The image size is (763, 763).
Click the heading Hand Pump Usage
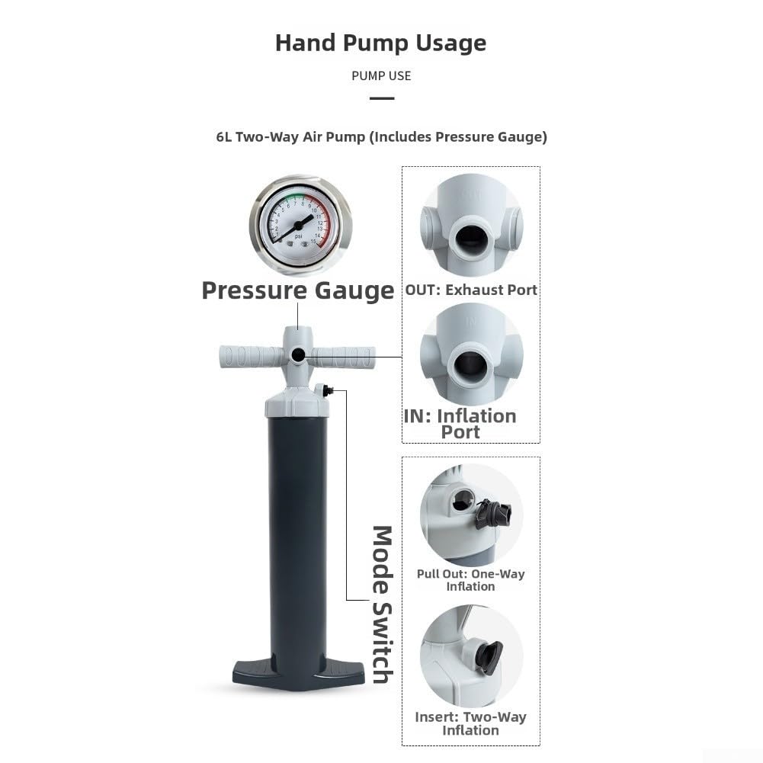click(381, 43)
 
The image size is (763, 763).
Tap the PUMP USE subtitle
click(381, 76)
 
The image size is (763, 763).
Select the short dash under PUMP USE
click(382, 98)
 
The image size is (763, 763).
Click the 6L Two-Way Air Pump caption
click(381, 136)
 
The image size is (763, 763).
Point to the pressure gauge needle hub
click(298, 226)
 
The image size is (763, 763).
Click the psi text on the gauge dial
click(298, 236)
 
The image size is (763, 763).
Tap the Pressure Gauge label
click(298, 290)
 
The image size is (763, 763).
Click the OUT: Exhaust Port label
click(471, 290)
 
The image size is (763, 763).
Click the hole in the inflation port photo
click(471, 365)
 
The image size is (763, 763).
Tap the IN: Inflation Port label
click(460, 424)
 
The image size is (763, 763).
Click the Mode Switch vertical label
click(383, 604)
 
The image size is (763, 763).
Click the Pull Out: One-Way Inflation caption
click(470, 580)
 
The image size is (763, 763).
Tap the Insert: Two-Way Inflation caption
click(470, 723)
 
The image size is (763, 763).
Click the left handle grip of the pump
click(251, 356)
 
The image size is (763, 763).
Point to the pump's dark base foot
click(298, 675)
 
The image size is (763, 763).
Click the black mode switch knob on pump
click(328, 390)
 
